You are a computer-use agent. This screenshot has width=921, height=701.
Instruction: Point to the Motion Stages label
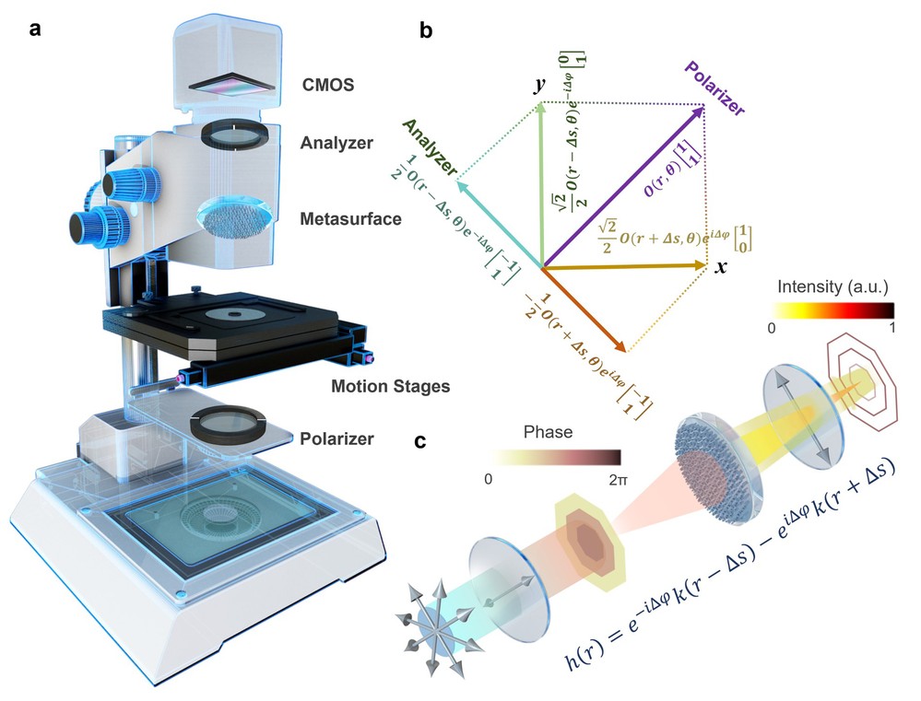pos(391,386)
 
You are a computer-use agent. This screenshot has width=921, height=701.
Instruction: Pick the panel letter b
pos(425,31)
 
